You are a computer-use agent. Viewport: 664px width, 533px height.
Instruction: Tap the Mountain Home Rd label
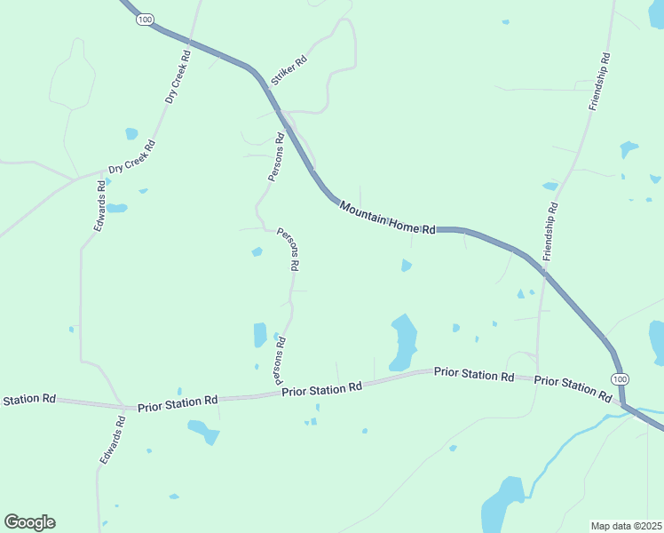tap(387, 218)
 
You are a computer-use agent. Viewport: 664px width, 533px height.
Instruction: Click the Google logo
tap(29, 522)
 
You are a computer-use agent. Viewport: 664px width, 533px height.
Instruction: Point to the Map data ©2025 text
tap(626, 526)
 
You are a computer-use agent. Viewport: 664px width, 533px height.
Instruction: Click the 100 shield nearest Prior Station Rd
tap(619, 378)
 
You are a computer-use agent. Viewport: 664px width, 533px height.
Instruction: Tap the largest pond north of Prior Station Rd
tap(403, 343)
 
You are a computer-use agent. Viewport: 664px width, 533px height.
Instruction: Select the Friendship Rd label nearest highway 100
tap(549, 231)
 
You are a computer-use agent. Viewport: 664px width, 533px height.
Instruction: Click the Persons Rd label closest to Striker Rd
tap(276, 157)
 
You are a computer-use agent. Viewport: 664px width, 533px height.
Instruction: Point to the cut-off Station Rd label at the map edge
tap(29, 400)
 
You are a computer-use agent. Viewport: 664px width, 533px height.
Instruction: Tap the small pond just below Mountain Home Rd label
tap(406, 265)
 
